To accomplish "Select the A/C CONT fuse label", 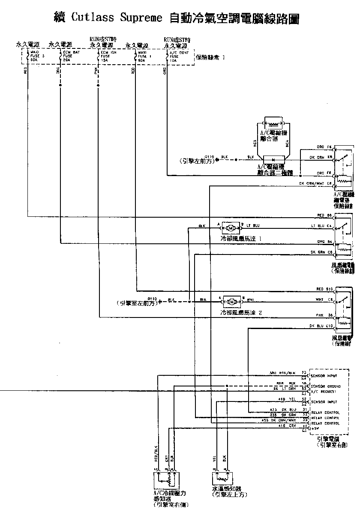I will (x=177, y=56).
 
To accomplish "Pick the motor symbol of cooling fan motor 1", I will (x=231, y=226).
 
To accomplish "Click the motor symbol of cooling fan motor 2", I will (x=231, y=301).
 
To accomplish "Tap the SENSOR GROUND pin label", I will (x=328, y=386).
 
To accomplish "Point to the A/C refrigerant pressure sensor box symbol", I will (x=167, y=479).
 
